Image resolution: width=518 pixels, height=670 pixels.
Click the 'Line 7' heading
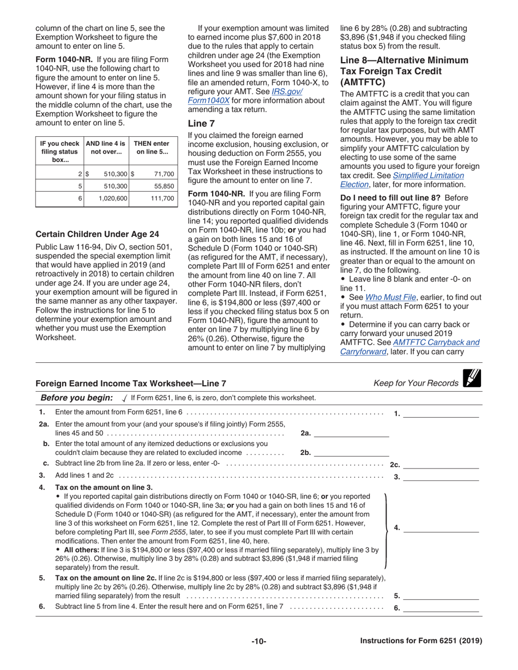coord(198,124)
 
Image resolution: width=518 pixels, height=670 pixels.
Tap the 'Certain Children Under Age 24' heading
coord(97,234)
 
